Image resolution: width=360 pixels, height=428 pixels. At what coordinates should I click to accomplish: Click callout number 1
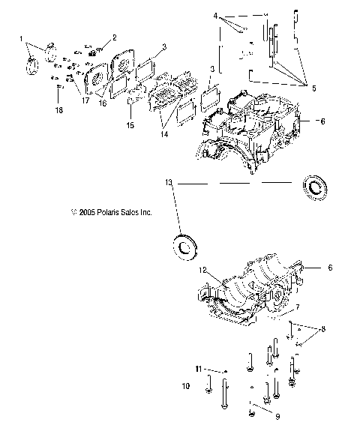(22, 37)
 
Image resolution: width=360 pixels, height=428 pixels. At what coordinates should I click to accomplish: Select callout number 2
(114, 37)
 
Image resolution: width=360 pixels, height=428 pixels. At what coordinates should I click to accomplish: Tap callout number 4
(214, 15)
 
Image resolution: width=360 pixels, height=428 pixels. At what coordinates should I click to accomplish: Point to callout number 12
(202, 269)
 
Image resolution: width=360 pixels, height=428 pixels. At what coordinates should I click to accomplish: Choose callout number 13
(169, 181)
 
